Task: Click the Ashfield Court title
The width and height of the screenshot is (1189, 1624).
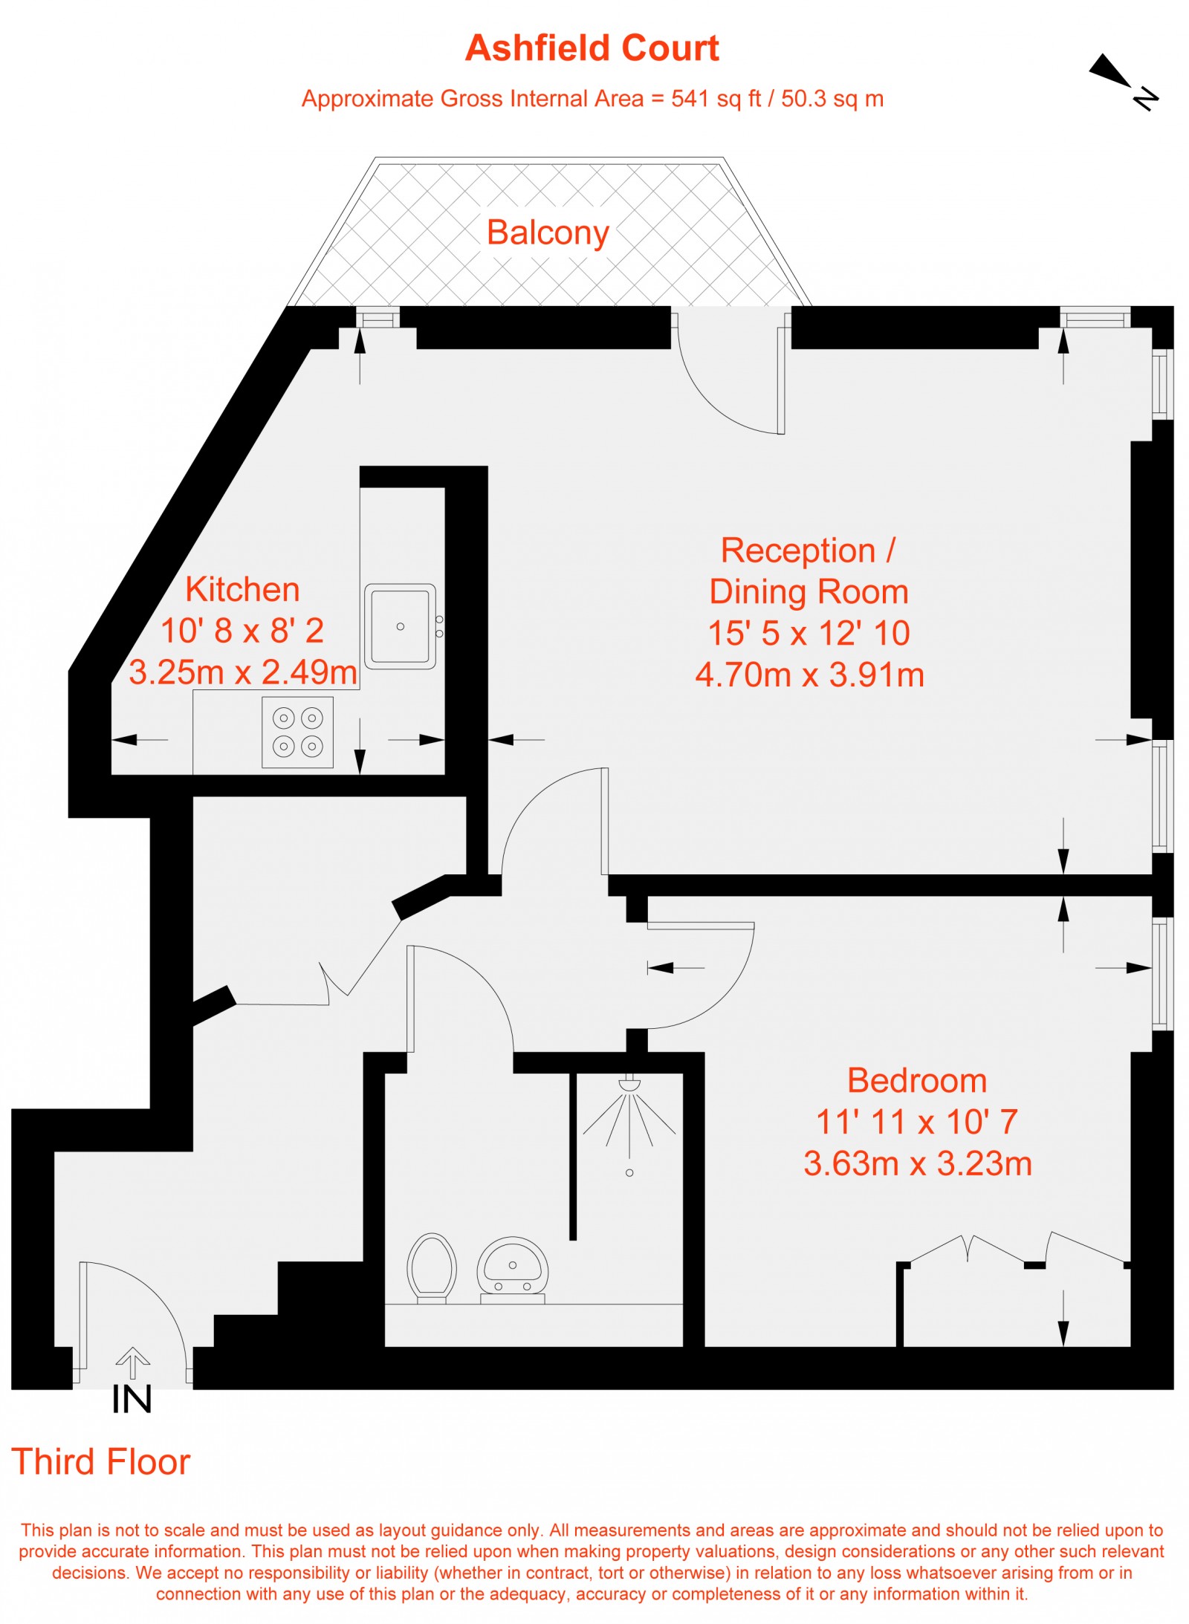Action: [x=592, y=48]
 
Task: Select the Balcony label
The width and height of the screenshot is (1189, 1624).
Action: [x=548, y=233]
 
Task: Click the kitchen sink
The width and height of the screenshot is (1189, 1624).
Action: [x=400, y=626]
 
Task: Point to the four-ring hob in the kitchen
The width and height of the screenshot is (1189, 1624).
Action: [x=297, y=732]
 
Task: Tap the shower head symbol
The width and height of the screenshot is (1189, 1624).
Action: [x=629, y=1084]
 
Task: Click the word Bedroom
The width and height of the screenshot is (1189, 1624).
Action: [x=917, y=1080]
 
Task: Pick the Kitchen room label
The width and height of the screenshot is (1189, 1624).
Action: [x=242, y=590]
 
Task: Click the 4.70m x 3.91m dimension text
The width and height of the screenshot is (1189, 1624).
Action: [x=809, y=675]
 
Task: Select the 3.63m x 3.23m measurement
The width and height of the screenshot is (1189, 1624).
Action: [x=918, y=1163]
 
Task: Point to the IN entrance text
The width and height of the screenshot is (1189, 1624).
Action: [x=132, y=1400]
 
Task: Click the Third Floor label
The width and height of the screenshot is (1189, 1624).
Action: [x=101, y=1462]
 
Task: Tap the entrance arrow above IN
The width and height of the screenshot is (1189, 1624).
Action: [x=133, y=1362]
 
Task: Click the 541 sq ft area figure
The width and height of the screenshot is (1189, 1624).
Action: [x=716, y=99]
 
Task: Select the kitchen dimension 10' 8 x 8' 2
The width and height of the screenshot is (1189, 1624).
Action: [x=242, y=631]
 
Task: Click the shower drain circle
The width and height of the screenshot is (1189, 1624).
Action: [x=629, y=1173]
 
